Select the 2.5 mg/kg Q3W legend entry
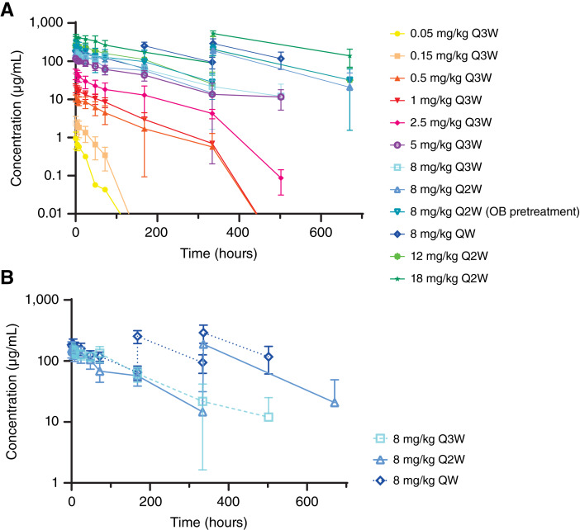[x=441, y=123]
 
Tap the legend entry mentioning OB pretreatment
[x=484, y=211]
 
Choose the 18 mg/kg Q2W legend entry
[x=439, y=278]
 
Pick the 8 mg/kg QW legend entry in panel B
[x=416, y=480]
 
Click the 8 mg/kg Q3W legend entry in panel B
[x=419, y=439]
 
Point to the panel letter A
[x=7, y=10]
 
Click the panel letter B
[x=7, y=278]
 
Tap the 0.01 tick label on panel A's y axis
[x=50, y=213]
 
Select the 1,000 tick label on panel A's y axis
[x=46, y=22]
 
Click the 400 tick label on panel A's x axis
[x=239, y=232]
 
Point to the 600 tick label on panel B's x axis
[x=307, y=502]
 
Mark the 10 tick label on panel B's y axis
[x=52, y=421]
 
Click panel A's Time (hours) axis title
[x=219, y=253]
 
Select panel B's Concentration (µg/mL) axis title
[x=12, y=392]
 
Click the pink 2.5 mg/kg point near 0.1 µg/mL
[x=281, y=178]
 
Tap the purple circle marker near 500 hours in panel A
[x=281, y=97]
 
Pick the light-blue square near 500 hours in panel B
[x=269, y=417]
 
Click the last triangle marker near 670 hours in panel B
[x=335, y=403]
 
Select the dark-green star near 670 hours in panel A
[x=349, y=56]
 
